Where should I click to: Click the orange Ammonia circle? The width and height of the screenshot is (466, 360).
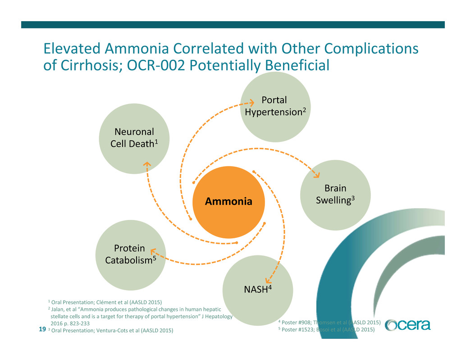[228, 201]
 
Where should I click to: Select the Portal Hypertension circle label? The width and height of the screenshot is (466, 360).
[274, 105]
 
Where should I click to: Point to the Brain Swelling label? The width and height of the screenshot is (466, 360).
[335, 194]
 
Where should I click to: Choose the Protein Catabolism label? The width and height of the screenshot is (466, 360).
[130, 255]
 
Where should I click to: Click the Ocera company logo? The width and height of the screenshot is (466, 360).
[408, 325]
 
